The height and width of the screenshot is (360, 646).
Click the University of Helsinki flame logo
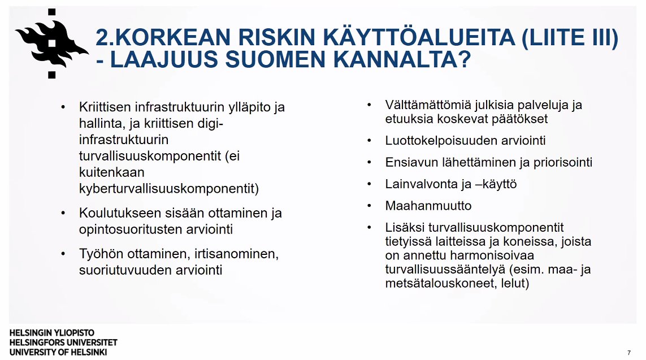51,43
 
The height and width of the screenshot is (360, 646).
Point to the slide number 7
628,353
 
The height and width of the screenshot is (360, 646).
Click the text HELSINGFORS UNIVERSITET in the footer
63,342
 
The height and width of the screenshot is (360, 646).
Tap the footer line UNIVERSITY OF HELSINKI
58,352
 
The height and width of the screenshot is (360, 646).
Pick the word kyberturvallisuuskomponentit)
168,188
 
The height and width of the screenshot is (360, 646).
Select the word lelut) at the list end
514,284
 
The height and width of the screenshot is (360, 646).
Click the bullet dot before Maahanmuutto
369,206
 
